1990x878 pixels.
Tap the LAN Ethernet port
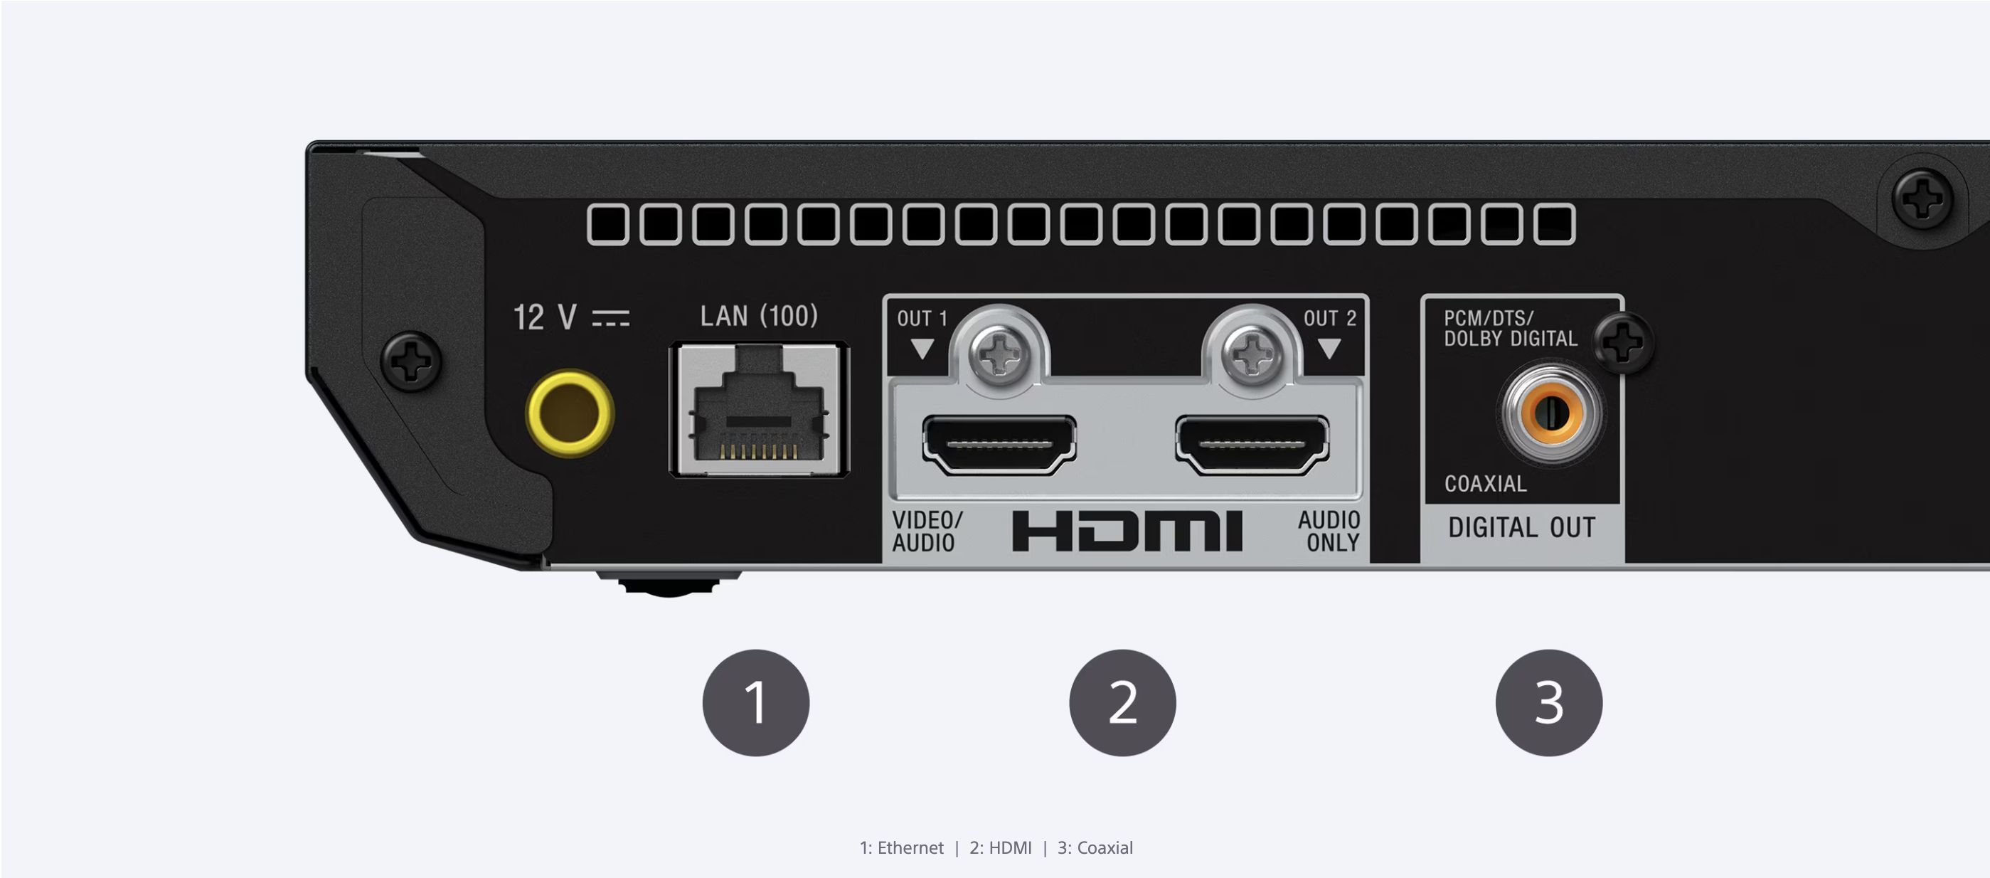coord(760,410)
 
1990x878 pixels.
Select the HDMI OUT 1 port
coord(999,444)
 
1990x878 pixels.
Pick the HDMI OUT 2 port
coord(1252,444)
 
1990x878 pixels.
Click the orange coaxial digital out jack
coord(1550,413)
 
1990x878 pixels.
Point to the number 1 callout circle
coord(755,702)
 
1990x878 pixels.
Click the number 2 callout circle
coord(1122,702)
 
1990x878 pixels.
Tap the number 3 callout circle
coord(1549,702)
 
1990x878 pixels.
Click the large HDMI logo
coord(1127,531)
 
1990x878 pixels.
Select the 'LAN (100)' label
coord(759,316)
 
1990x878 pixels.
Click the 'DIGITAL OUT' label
coord(1522,528)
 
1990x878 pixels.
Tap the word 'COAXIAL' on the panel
coord(1486,484)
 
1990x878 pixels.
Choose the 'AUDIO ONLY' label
coord(1329,531)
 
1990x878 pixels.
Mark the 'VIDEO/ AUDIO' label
coord(926,531)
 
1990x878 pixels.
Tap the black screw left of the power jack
coord(412,361)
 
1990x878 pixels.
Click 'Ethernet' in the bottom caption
coord(910,848)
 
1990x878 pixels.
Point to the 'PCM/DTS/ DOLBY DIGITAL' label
coord(1510,329)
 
